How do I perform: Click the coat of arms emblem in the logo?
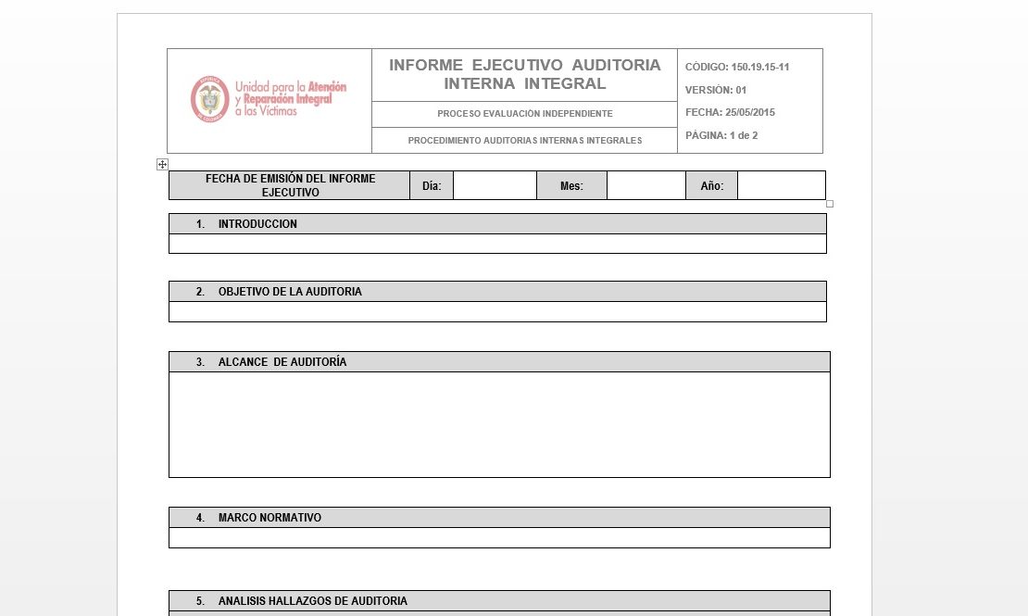coord(209,98)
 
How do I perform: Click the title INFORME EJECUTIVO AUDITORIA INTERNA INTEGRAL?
coord(524,74)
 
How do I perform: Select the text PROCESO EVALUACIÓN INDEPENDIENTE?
coord(524,114)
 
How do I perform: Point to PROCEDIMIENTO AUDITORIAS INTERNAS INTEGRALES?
coord(524,141)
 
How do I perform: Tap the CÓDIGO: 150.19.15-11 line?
coord(737,67)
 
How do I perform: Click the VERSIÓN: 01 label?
coord(716,90)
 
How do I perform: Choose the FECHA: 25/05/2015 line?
coord(730,112)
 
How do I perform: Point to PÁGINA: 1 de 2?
coord(721,135)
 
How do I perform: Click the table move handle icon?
coord(162,164)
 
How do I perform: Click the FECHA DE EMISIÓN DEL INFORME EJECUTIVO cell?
coord(290,185)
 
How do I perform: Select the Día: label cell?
coord(432,185)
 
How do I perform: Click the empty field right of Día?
coord(495,185)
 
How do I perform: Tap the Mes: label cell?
coord(571,185)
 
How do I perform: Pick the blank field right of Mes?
coord(646,185)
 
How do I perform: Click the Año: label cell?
coord(711,185)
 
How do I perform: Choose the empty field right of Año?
coord(781,185)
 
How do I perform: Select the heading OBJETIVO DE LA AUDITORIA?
coord(290,292)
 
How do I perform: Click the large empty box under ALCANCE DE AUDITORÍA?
coord(499,424)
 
